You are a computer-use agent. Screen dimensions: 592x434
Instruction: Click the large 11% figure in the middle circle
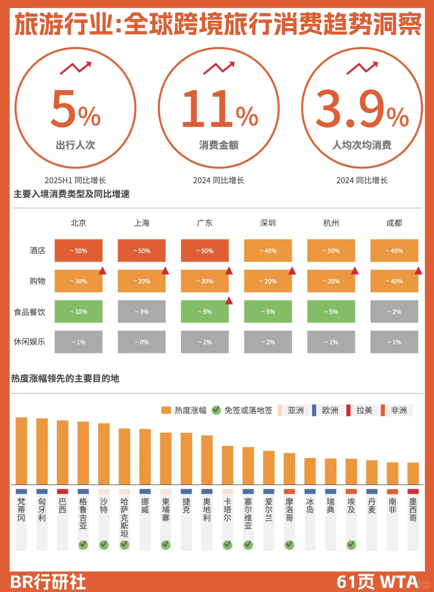[219, 108]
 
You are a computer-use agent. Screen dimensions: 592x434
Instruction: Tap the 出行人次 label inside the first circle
[76, 145]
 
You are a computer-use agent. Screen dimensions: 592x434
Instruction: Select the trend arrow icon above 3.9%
[362, 68]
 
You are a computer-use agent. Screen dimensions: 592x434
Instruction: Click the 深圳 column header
[268, 223]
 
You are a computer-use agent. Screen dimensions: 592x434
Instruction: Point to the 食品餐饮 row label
[29, 312]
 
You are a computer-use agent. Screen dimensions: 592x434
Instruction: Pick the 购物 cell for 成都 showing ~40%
[394, 281]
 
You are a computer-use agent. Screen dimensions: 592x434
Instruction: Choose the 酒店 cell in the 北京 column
[78, 251]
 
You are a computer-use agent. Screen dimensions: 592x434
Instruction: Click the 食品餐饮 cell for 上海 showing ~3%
[141, 312]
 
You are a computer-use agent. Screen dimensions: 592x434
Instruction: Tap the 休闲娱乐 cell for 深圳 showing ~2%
[268, 342]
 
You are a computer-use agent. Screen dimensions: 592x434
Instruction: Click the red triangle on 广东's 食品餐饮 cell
[229, 300]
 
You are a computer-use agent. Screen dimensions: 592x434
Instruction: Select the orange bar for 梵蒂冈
[21, 451]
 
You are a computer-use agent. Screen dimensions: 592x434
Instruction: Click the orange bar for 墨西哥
[413, 474]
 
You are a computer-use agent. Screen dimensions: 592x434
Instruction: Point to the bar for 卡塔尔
[227, 465]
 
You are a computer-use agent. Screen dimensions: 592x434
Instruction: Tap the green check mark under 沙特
[104, 545]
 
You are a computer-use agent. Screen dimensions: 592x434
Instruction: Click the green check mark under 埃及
[351, 545]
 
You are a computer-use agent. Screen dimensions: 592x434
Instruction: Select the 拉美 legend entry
[360, 410]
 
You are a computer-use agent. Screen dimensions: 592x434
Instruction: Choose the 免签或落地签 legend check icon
[216, 410]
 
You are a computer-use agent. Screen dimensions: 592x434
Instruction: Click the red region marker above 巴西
[62, 492]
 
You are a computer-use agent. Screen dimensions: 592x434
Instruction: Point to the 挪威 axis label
[145, 506]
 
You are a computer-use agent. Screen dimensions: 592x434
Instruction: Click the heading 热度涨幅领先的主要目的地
[65, 378]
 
